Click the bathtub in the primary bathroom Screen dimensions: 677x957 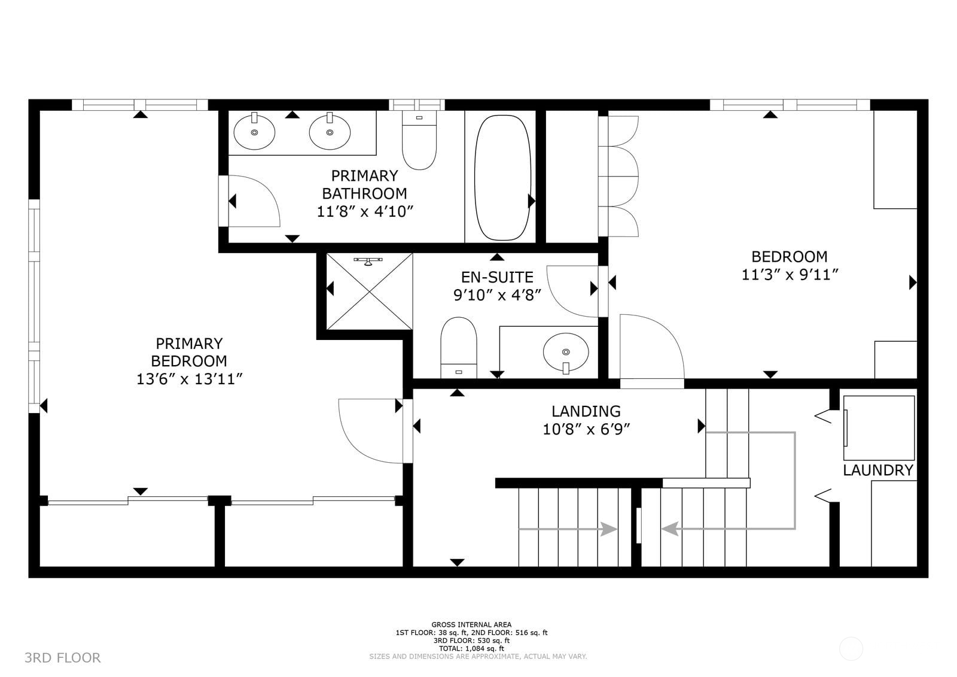[x=502, y=177]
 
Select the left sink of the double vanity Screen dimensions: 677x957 [x=254, y=132]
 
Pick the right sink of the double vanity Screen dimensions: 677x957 [x=330, y=132]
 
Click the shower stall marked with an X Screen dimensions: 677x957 [x=370, y=292]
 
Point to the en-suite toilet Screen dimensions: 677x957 [x=459, y=347]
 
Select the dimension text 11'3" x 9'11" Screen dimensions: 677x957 [x=790, y=275]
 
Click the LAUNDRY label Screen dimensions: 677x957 [x=877, y=470]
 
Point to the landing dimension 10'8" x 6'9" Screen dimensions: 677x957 [x=586, y=429]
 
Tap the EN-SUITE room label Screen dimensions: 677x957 [x=497, y=277]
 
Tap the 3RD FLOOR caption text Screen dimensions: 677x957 [x=63, y=658]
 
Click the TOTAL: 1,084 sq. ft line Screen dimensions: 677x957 [x=471, y=648]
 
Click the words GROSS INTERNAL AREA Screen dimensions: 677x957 [x=471, y=625]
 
